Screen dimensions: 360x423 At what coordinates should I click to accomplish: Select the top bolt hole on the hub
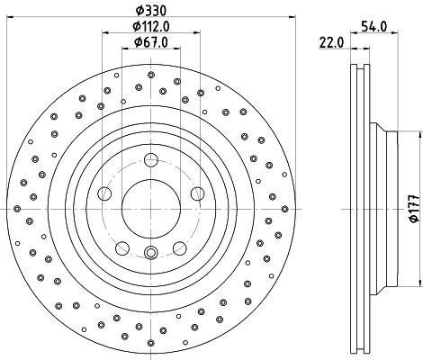(150, 160)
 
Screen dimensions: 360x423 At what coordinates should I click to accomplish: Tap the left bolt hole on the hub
(104, 193)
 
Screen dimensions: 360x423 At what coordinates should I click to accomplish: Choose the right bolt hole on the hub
(196, 193)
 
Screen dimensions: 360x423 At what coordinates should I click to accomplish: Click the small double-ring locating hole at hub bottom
(150, 253)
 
